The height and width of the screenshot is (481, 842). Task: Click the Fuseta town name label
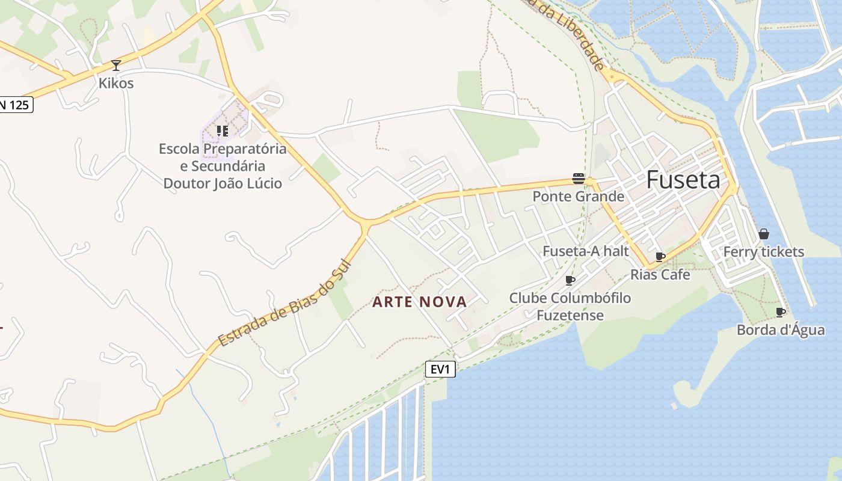[x=683, y=180]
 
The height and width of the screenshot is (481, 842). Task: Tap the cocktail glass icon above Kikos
[x=116, y=65]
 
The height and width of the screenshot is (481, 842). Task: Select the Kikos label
[x=116, y=83]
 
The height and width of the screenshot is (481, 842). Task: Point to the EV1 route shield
[x=440, y=369]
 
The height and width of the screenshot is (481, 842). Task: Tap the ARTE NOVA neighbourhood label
[x=420, y=302]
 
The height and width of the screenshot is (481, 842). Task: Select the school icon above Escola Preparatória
[x=223, y=130]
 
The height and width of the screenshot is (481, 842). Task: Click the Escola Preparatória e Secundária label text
[x=223, y=165]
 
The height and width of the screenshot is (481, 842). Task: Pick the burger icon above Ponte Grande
[x=579, y=179]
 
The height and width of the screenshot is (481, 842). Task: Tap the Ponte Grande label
[x=579, y=197]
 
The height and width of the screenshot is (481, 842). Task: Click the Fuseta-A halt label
[x=586, y=251]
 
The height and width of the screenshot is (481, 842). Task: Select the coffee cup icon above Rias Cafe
[x=660, y=257]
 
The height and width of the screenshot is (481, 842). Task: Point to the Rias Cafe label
[x=660, y=275]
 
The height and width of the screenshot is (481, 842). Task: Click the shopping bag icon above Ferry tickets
[x=763, y=234]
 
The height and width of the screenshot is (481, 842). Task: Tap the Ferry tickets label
[x=763, y=252]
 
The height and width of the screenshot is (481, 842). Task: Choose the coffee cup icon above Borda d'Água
[x=780, y=312]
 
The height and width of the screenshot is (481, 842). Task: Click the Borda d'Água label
[x=780, y=330]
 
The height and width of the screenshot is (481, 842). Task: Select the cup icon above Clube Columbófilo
[x=570, y=280]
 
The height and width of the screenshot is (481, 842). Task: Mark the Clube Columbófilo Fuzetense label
[x=570, y=306]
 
